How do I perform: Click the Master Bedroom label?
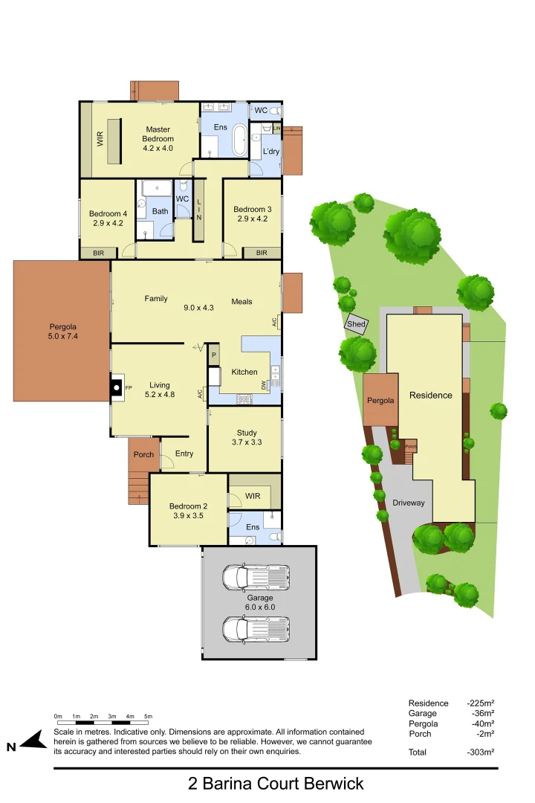[158, 139]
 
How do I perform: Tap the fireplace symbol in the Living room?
[117, 387]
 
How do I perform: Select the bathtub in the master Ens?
[239, 140]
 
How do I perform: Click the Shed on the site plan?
[356, 324]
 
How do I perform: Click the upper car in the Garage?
[256, 576]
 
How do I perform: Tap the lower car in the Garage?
[256, 628]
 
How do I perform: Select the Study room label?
[247, 437]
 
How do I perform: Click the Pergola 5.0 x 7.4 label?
[62, 331]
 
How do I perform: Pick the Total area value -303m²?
[480, 752]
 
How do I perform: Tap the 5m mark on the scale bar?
[148, 716]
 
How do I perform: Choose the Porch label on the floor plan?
[143, 454]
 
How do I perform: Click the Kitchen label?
[244, 372]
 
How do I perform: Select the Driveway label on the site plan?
[409, 503]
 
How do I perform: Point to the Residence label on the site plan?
[430, 395]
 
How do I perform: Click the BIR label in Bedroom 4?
[99, 253]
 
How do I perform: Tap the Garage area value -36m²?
[481, 713]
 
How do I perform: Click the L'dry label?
[270, 152]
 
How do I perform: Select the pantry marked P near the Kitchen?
[214, 355]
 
